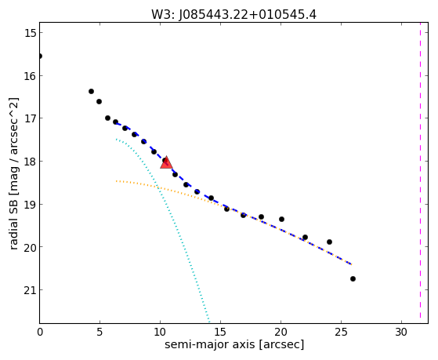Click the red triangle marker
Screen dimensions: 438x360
[x=166, y=163]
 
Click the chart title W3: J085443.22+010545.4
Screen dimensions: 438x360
[x=233, y=15]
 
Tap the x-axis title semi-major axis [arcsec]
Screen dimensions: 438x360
[x=234, y=344]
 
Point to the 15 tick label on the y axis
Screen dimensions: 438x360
[x=29, y=33]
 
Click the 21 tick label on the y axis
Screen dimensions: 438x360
[x=29, y=290]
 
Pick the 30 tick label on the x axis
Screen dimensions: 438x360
[x=401, y=332]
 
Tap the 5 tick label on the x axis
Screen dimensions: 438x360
[x=100, y=332]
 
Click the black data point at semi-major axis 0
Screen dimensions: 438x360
[x=40, y=56]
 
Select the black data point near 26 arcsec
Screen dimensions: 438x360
[x=353, y=278]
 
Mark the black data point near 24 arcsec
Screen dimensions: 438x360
[x=329, y=242]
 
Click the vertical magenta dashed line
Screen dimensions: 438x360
[x=420, y=173]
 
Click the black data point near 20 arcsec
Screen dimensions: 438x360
[x=281, y=219]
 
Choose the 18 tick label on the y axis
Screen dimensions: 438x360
[x=29, y=162]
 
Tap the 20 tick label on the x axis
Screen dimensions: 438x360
[x=281, y=332]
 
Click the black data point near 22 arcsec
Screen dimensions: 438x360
[x=305, y=237]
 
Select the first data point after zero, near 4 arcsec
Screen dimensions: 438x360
[x=91, y=91]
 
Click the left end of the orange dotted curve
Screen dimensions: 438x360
[x=116, y=181]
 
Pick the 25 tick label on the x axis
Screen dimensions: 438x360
[x=341, y=332]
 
